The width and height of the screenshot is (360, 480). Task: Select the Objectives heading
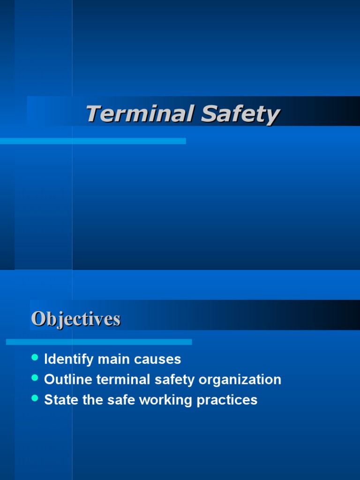click(x=76, y=319)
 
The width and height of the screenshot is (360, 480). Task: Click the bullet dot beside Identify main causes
click(x=34, y=358)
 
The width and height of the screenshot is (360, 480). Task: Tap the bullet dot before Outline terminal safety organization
click(x=34, y=378)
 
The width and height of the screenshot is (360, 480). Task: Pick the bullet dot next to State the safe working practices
click(x=34, y=398)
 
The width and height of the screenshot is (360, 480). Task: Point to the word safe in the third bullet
click(x=113, y=400)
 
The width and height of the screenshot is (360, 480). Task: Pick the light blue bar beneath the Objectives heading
click(x=99, y=342)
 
